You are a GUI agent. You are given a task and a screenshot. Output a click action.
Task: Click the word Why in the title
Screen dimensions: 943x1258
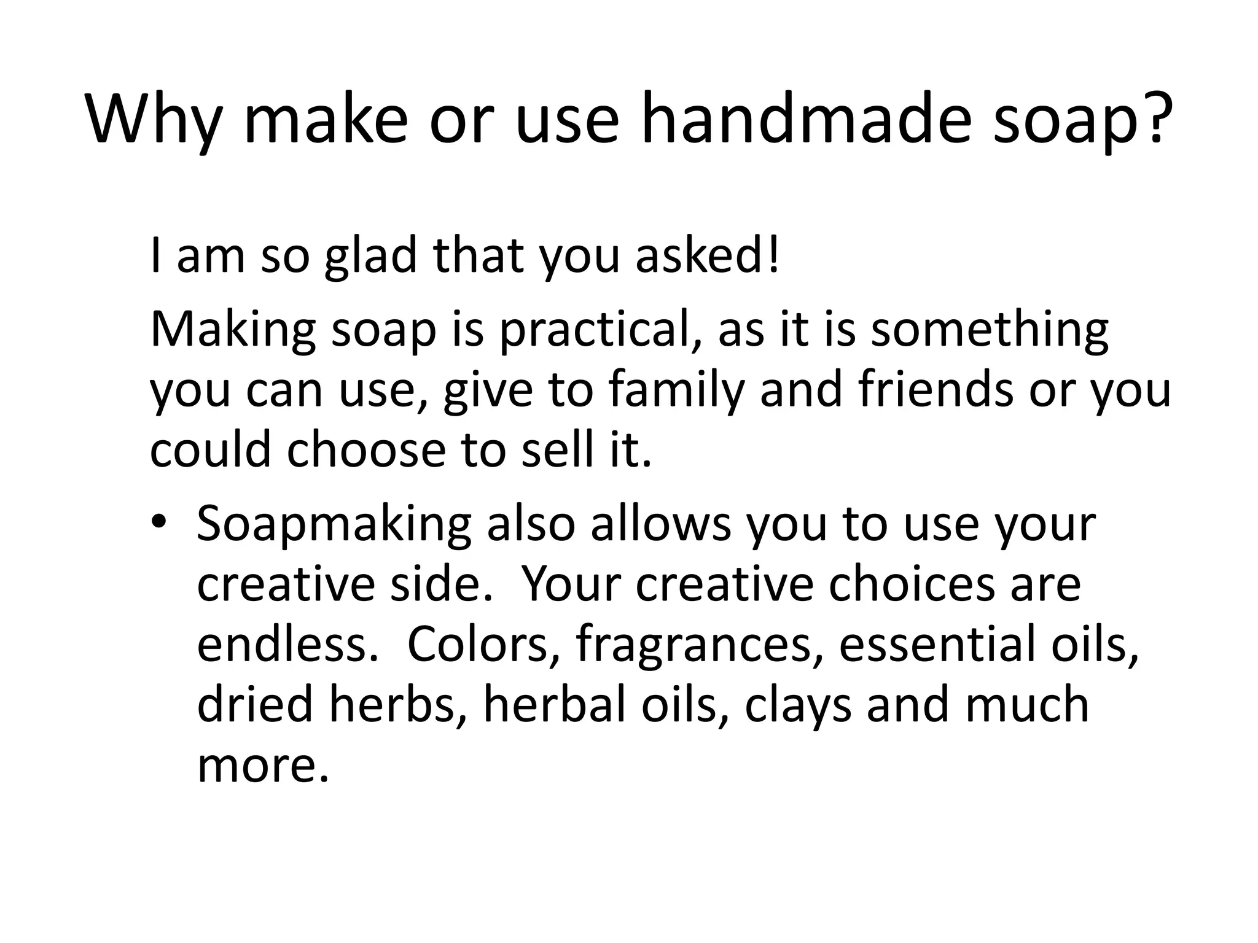[154, 120]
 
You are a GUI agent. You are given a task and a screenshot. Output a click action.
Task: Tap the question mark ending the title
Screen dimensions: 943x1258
[1155, 117]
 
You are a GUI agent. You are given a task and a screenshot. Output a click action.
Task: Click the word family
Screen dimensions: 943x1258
[676, 391]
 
